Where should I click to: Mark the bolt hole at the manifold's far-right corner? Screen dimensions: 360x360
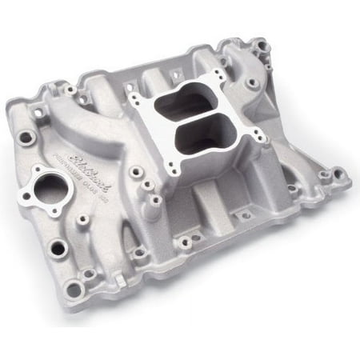click(345, 174)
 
